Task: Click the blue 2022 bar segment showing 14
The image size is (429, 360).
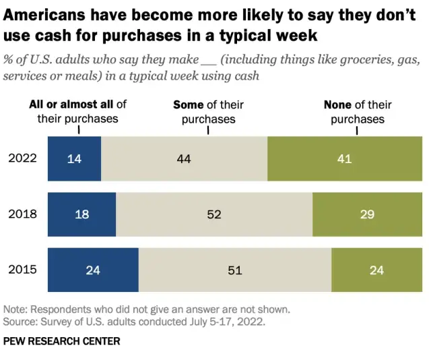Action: tap(74, 158)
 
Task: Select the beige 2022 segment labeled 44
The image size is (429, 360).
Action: tap(184, 158)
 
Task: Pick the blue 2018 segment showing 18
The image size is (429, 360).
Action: tap(81, 214)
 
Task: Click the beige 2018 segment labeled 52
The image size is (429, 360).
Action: tap(213, 214)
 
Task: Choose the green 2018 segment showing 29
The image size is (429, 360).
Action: tap(368, 214)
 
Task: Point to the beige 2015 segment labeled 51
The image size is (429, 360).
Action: tap(234, 270)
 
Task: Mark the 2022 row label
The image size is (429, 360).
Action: tap(22, 158)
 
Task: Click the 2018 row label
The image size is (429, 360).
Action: tap(22, 214)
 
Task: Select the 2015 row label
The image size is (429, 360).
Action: tap(22, 270)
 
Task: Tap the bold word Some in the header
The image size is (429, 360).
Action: tap(187, 104)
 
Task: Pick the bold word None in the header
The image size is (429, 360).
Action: tap(337, 104)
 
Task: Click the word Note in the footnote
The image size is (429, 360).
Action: tap(15, 309)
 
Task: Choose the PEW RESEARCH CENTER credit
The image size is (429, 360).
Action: tap(62, 341)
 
